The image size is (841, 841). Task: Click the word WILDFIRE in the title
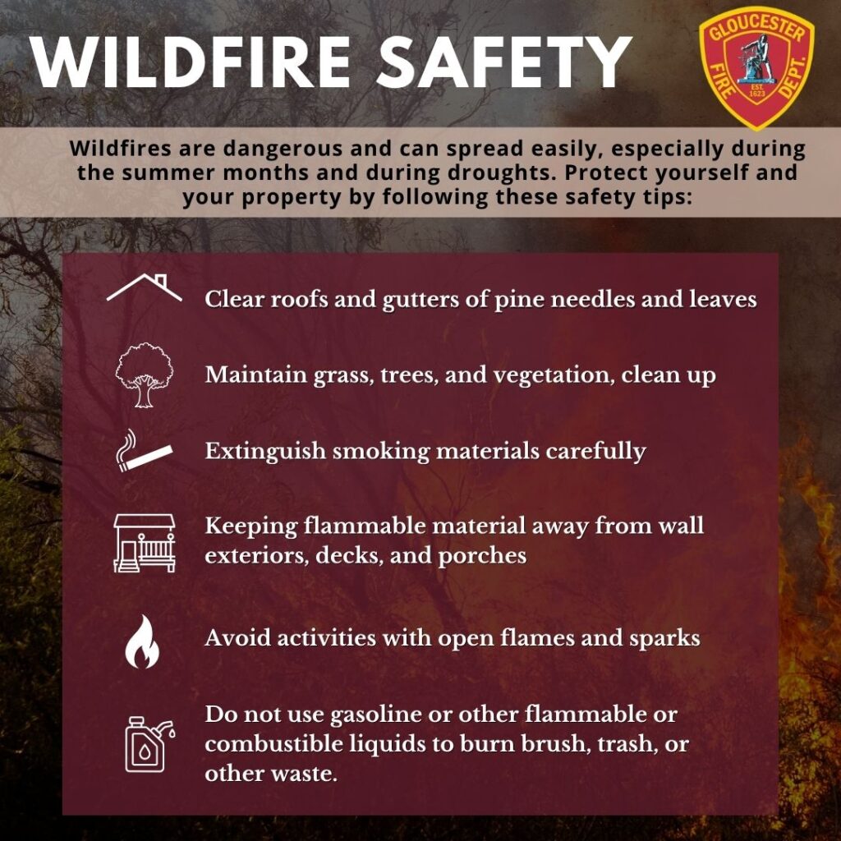tap(191, 62)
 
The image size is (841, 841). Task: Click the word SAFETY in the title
tap(504, 62)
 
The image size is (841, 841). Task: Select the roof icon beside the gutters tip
tap(145, 287)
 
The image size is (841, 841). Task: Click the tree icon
tap(145, 375)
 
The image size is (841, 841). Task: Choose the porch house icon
tap(145, 543)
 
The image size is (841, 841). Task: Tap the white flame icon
tap(142, 641)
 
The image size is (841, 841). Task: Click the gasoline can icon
tap(149, 744)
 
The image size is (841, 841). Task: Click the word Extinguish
tap(265, 452)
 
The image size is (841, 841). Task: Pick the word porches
tap(482, 556)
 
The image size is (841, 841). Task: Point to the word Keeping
tap(251, 526)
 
